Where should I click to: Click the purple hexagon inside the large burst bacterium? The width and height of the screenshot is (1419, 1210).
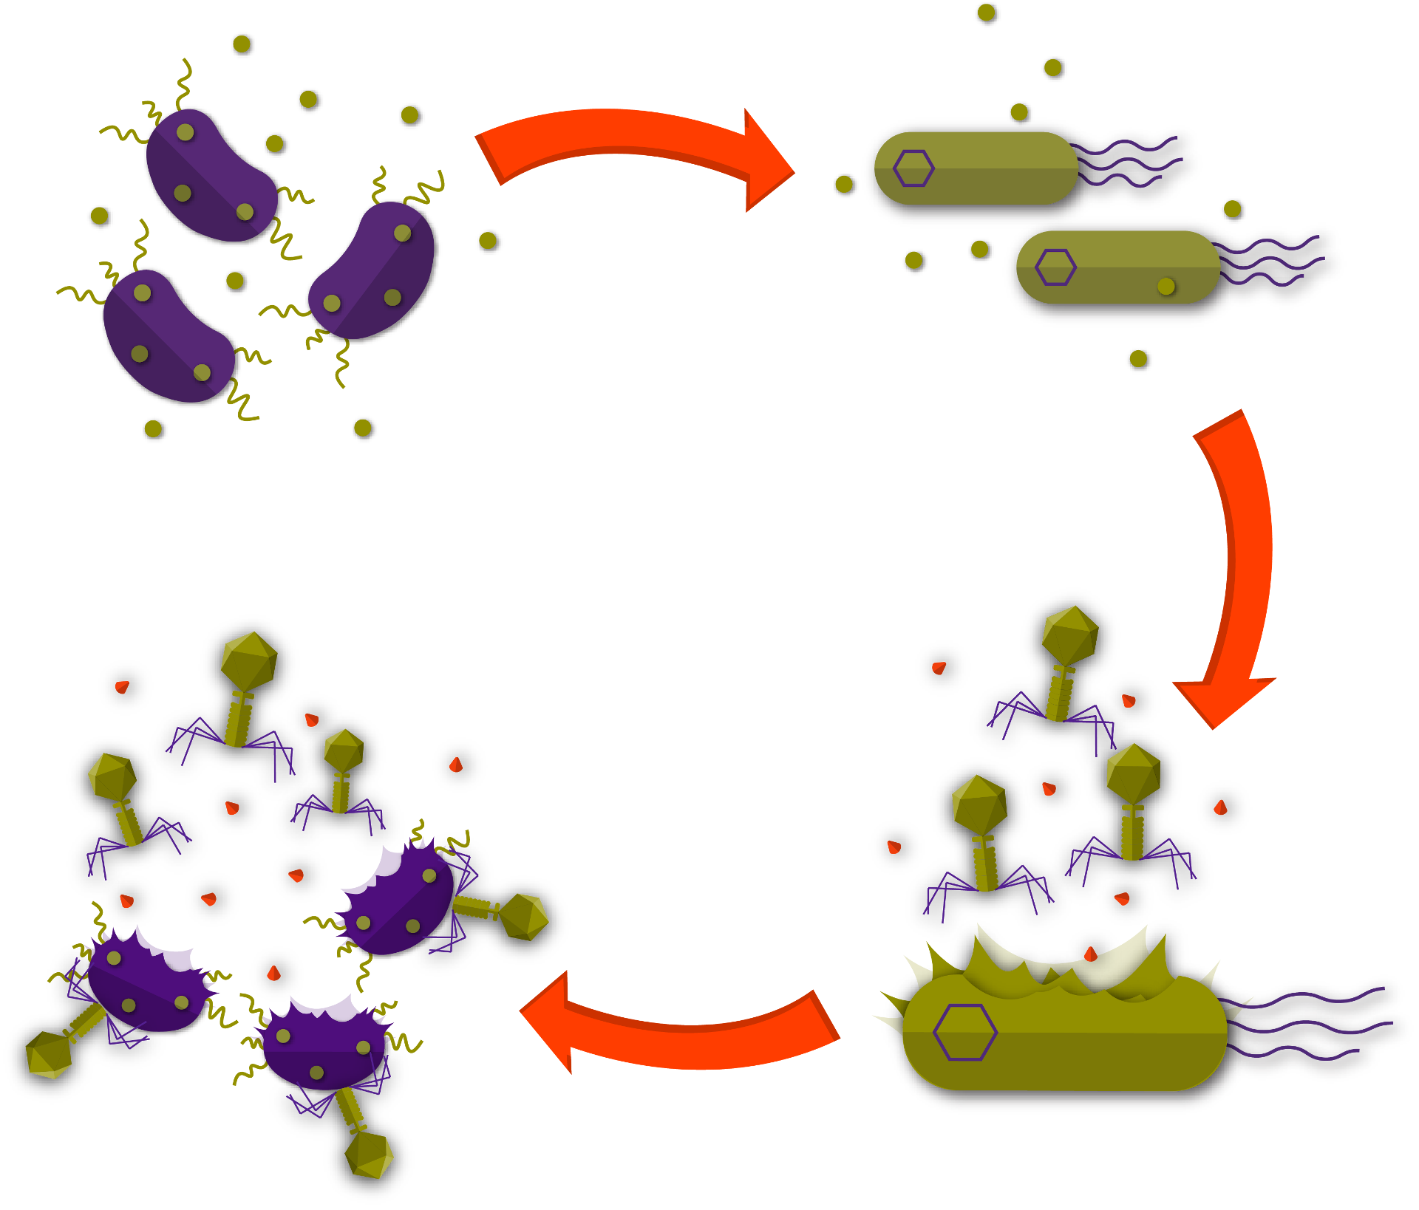click(x=964, y=1032)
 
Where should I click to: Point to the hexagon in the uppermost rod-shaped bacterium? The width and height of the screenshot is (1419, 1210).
click(x=913, y=168)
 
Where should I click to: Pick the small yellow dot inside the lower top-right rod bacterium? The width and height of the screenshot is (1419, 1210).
click(x=1166, y=286)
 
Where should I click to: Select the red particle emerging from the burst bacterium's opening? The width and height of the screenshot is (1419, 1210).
click(x=1091, y=954)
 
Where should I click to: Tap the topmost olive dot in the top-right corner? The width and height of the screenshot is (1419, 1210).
click(x=987, y=13)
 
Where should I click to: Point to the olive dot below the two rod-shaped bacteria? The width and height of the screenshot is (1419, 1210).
click(x=1139, y=360)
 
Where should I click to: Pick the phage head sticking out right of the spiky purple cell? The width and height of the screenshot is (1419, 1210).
click(x=524, y=917)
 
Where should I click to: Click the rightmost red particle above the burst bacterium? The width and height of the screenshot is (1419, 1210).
click(x=1222, y=807)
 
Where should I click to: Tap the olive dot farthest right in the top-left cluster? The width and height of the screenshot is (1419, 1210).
click(x=489, y=241)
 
